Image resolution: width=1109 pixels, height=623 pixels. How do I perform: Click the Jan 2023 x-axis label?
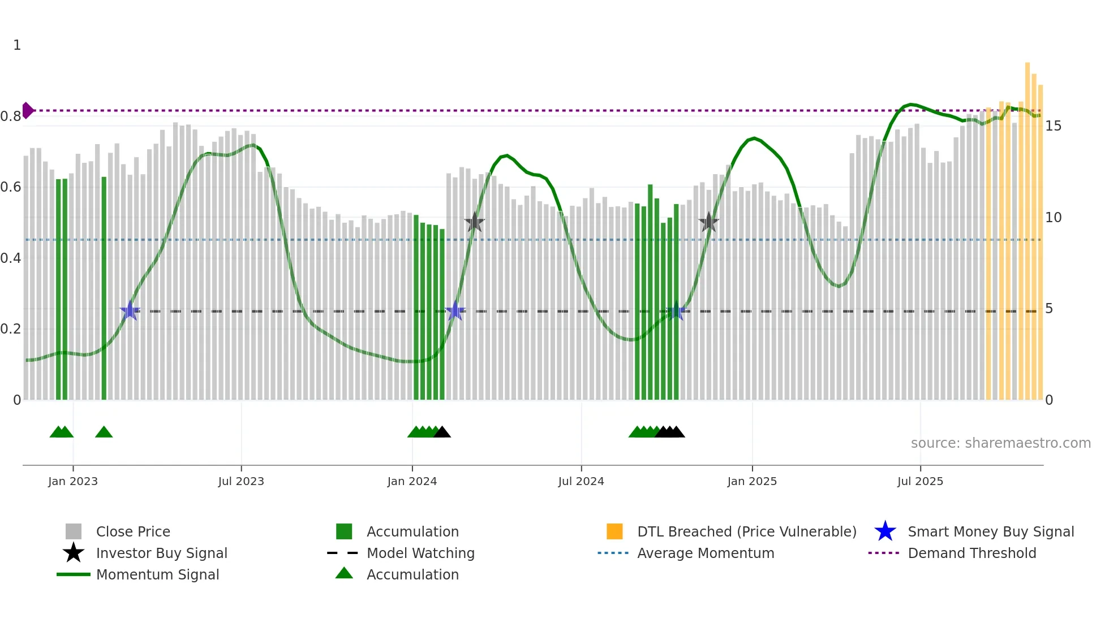pos(73,482)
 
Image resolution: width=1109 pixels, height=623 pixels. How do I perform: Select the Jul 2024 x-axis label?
pos(581,482)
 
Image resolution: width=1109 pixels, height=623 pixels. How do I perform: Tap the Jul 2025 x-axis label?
pos(920,482)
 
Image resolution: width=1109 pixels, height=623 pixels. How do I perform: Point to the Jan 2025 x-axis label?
pos(752,482)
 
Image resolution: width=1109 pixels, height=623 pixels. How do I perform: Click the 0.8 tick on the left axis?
pos(11,117)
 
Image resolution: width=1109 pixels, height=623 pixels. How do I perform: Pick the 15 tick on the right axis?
pos(1053,126)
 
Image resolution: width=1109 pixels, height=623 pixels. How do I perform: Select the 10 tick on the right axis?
pos(1053,218)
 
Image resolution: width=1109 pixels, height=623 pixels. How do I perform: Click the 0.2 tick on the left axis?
pos(11,329)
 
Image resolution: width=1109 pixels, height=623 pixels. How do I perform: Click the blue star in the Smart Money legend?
pos(885,531)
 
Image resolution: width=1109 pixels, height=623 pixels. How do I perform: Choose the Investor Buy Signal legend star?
pos(74,553)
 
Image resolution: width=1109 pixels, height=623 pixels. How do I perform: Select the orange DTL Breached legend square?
pos(614,531)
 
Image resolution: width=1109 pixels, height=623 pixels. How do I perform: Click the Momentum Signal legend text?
pos(157,574)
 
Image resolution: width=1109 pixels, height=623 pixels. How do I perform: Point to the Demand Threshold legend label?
pos(972,553)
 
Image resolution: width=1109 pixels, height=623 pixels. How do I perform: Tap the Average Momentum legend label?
pos(706,553)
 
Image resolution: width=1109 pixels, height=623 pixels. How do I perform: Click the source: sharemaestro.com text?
pos(1000,443)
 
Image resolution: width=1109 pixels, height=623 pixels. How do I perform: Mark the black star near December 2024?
pos(708,223)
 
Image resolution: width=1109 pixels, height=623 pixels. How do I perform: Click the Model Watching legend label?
pos(420,553)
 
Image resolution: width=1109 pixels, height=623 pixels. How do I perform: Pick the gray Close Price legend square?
pos(74,531)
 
